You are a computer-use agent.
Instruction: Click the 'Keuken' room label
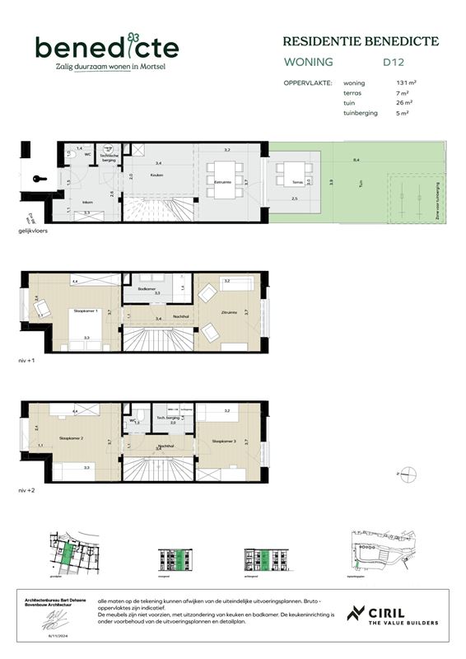[156, 175]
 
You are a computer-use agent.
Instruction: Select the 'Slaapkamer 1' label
[86, 311]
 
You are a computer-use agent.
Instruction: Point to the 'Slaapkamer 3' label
[224, 442]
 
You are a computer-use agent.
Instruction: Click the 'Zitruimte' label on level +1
[230, 312]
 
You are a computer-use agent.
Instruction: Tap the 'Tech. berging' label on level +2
[168, 418]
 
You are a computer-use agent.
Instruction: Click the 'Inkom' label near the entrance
[87, 200]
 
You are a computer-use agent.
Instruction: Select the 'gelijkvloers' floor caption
[35, 232]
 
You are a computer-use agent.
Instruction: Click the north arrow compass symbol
[407, 474]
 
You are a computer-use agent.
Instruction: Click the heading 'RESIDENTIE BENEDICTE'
[361, 40]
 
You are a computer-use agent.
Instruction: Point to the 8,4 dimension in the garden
[356, 160]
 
